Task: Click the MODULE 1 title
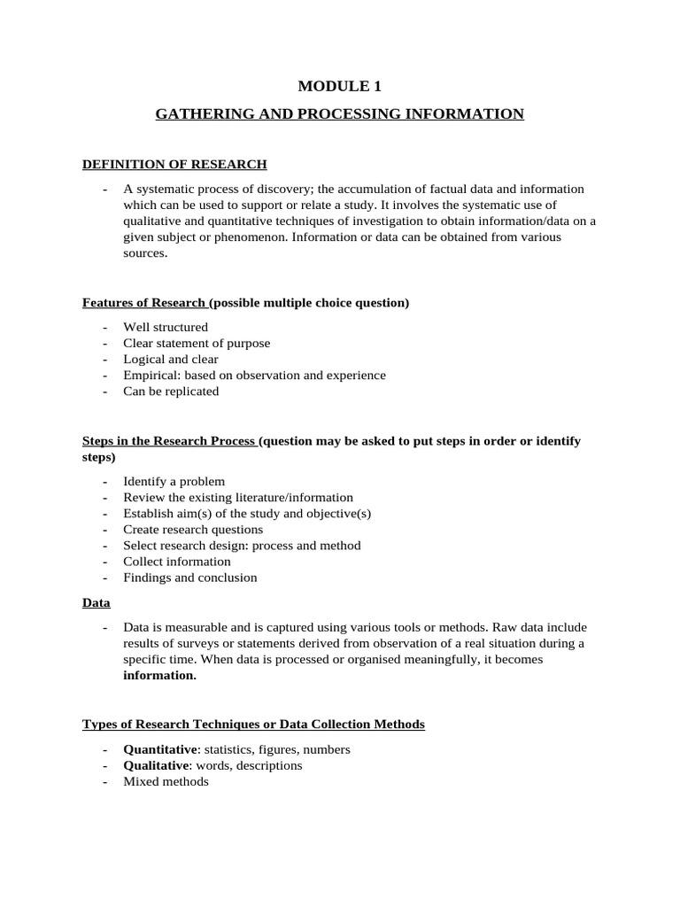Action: (340, 86)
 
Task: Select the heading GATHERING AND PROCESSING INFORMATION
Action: (340, 114)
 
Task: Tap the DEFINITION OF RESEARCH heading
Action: (174, 164)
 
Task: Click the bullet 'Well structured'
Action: (166, 327)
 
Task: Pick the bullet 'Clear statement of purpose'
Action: (197, 343)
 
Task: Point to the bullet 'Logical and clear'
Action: (171, 359)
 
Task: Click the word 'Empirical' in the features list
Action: (150, 375)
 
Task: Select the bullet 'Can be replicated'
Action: (171, 391)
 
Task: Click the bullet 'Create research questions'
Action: (193, 529)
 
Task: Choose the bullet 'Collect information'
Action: (177, 561)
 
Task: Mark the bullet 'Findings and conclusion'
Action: (190, 577)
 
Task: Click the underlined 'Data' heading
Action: (97, 602)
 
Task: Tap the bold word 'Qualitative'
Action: (157, 764)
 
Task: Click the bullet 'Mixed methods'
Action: (166, 780)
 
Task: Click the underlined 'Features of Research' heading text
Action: (143, 302)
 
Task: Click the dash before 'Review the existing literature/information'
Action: (105, 497)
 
